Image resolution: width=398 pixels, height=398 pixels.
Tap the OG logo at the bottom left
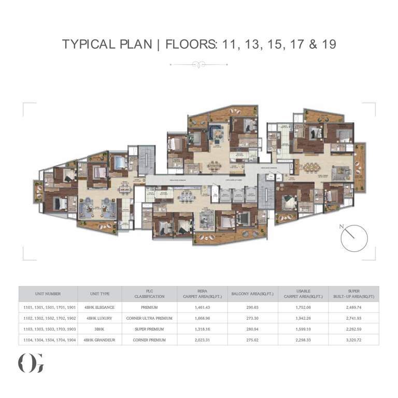[31, 362]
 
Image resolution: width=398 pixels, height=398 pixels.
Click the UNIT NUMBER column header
[48, 294]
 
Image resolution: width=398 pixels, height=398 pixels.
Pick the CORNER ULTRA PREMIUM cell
[149, 318]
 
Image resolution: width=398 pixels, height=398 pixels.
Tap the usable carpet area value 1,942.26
[301, 318]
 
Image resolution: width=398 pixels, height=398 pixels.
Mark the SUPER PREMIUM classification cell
[149, 329]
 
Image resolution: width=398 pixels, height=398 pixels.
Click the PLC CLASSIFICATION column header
[149, 294]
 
